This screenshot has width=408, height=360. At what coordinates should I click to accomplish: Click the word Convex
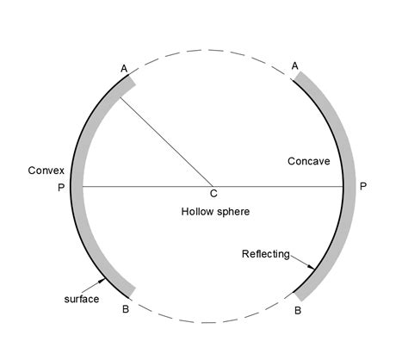pos(46,171)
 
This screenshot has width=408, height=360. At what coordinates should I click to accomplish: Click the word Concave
pos(309,161)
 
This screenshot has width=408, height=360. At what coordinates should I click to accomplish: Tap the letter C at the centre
pos(213,194)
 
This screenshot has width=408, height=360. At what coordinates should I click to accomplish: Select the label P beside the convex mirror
pos(61,188)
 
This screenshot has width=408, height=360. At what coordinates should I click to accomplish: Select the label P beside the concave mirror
pos(363,186)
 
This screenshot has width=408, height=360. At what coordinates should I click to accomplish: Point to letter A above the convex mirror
pos(124,69)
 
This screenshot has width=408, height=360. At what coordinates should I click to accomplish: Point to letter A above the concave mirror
pos(295,66)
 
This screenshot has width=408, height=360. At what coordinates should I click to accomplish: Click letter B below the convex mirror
pos(126,309)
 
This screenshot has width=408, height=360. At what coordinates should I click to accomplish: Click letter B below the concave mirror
pos(298,311)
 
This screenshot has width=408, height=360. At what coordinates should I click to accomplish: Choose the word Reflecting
pos(266,254)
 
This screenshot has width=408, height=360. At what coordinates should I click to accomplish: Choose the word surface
pos(82,299)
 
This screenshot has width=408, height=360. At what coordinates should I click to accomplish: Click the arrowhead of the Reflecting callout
pos(312,267)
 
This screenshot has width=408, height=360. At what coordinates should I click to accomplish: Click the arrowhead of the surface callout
pos(102,281)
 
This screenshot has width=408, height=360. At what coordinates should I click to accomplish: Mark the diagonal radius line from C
pos(166,142)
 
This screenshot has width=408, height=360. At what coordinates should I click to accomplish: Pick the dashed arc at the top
pos(208,50)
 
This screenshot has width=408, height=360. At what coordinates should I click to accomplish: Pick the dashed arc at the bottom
pos(208,322)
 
